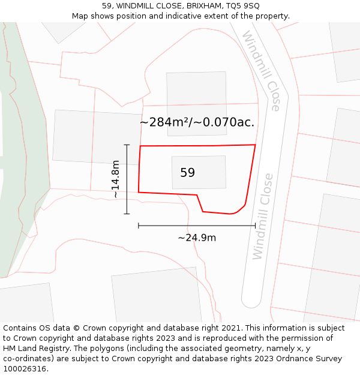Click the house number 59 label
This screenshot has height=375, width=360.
[x=187, y=173]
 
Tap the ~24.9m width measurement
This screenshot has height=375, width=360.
[x=197, y=238]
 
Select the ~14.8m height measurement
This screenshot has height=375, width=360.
[x=116, y=179]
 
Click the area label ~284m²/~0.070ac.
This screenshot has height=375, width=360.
[x=197, y=122]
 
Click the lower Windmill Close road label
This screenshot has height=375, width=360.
[x=263, y=217]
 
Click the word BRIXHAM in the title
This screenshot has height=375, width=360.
[x=187, y=6]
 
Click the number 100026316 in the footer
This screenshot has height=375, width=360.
[x=24, y=369]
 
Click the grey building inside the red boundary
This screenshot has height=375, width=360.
[x=199, y=172]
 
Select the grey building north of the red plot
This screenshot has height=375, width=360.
[x=196, y=95]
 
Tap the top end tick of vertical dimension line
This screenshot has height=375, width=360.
[x=127, y=145]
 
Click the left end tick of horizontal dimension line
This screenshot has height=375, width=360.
[x=139, y=226]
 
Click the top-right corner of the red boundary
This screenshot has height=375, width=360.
[x=255, y=145]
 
